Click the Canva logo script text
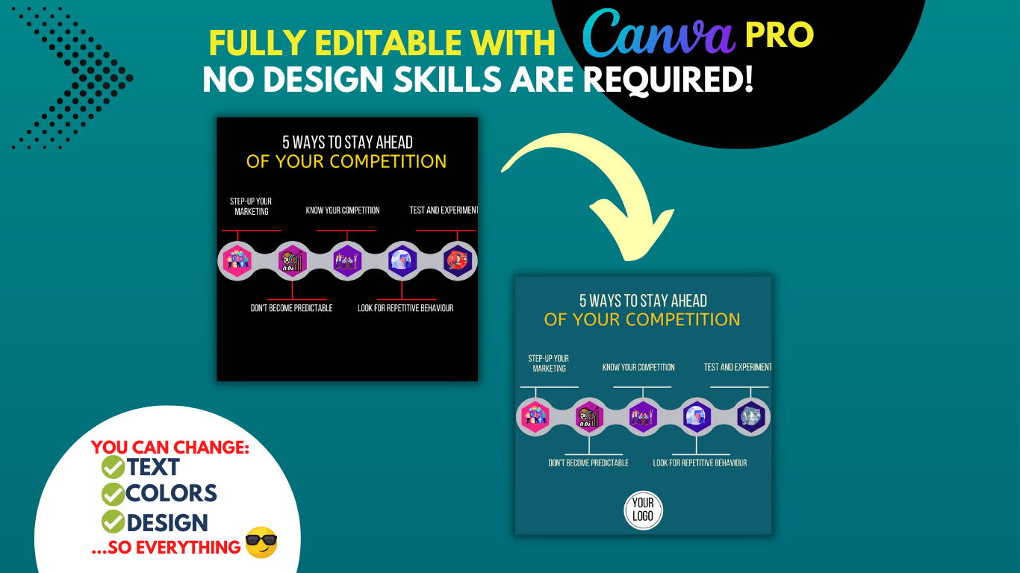659,33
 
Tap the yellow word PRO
780,35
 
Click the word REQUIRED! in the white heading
668,80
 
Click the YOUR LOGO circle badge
643,510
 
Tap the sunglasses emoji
261,542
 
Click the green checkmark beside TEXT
113,467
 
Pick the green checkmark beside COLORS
113,494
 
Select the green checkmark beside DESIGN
113,522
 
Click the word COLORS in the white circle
171,493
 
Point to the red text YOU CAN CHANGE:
170,448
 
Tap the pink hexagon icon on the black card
237,261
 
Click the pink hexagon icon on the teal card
535,417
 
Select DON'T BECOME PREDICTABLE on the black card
291,308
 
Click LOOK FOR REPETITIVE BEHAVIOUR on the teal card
700,463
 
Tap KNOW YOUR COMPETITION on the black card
343,210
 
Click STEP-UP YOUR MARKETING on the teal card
549,363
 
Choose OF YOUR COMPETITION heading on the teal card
642,320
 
